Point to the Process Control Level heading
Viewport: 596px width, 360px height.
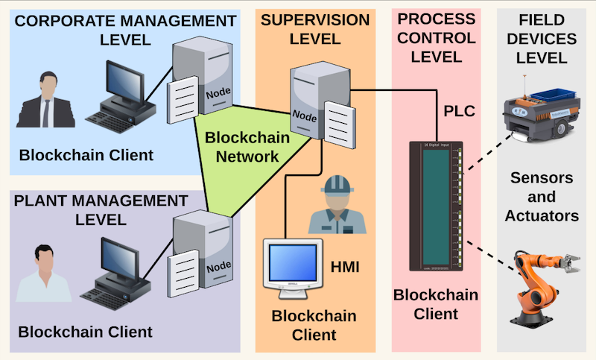click(436, 37)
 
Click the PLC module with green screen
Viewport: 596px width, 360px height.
click(435, 206)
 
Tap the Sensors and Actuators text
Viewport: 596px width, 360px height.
click(542, 198)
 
